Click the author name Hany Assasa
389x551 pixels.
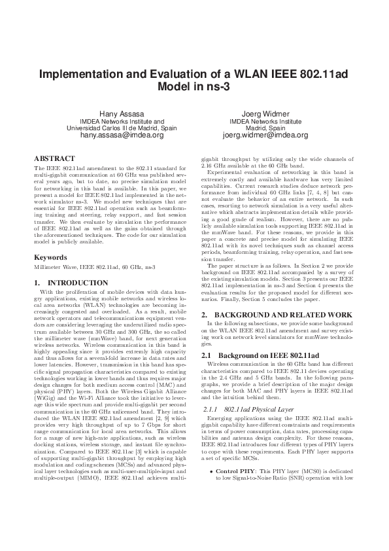(122, 113)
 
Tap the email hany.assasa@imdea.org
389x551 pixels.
(122, 135)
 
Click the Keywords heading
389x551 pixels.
(51, 258)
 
